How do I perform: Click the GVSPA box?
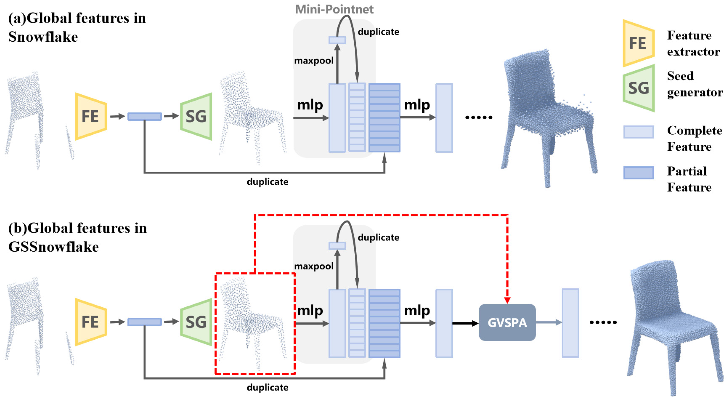click(x=507, y=322)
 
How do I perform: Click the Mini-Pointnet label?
click(x=334, y=9)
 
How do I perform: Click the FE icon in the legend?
click(x=638, y=43)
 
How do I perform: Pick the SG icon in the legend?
click(x=638, y=88)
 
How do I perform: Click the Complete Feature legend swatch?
click(x=638, y=132)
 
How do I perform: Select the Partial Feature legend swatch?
click(x=638, y=173)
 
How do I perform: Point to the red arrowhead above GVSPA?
click(x=507, y=300)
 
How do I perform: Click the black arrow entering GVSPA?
click(x=465, y=323)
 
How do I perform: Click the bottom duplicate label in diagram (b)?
click(x=267, y=387)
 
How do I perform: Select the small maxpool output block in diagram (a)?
click(x=337, y=40)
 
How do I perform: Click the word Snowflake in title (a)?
click(x=43, y=37)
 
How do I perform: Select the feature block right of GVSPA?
click(x=570, y=323)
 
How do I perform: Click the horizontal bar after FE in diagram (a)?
click(x=144, y=117)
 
